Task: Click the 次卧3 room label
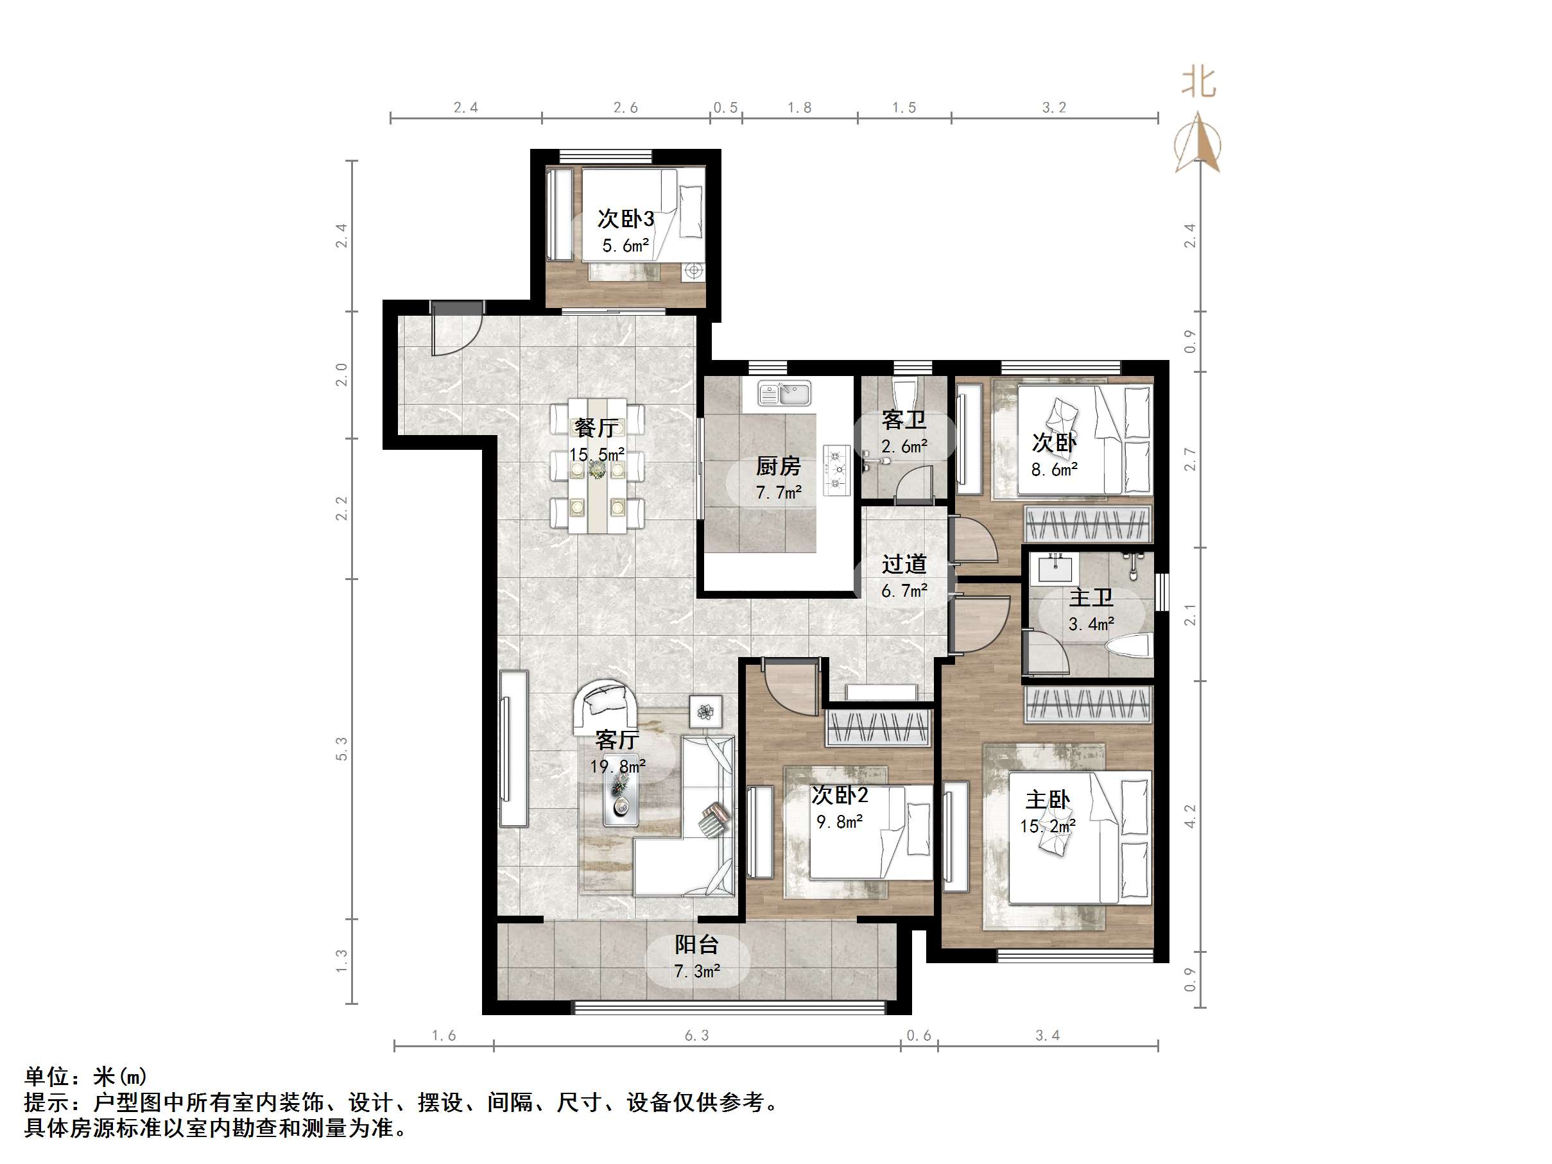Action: tap(625, 219)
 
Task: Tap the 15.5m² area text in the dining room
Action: tap(596, 455)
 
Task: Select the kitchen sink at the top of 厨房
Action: tap(784, 393)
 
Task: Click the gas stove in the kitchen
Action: tap(836, 470)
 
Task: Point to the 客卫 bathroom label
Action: tap(904, 420)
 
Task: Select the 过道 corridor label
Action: tap(904, 563)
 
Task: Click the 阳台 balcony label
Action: tap(696, 945)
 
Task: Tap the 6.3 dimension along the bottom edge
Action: tap(696, 1036)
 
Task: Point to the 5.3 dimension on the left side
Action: tap(341, 749)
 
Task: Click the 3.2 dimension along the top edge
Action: tap(1054, 107)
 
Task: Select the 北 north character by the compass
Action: tap(1198, 83)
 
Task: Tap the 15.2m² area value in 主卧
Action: tap(1048, 826)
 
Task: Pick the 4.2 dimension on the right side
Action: tap(1190, 816)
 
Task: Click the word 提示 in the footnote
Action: tap(46, 1102)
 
